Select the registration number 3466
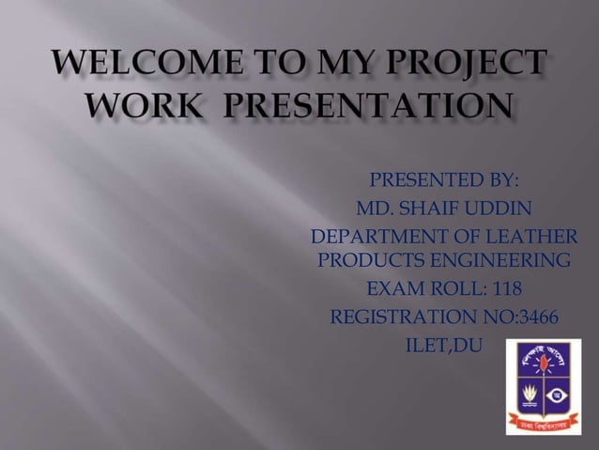pyautogui.click(x=534, y=317)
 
